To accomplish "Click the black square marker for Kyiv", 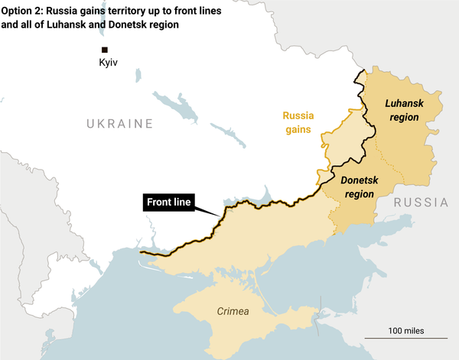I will (x=105, y=50).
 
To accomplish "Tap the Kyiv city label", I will (x=109, y=62).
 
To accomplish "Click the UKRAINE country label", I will (x=119, y=124).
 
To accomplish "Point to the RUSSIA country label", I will (x=421, y=203).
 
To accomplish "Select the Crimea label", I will (x=233, y=311).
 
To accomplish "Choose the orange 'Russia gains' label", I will (x=298, y=122).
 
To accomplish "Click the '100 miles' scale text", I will (x=405, y=330).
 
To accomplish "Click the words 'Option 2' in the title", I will (x=23, y=8).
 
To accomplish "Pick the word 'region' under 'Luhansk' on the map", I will (x=404, y=118).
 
